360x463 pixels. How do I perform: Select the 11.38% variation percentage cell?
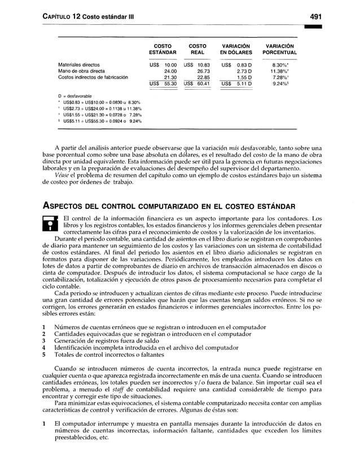[280, 71]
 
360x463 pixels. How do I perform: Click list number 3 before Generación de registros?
[44, 340]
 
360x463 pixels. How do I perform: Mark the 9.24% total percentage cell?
[280, 84]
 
